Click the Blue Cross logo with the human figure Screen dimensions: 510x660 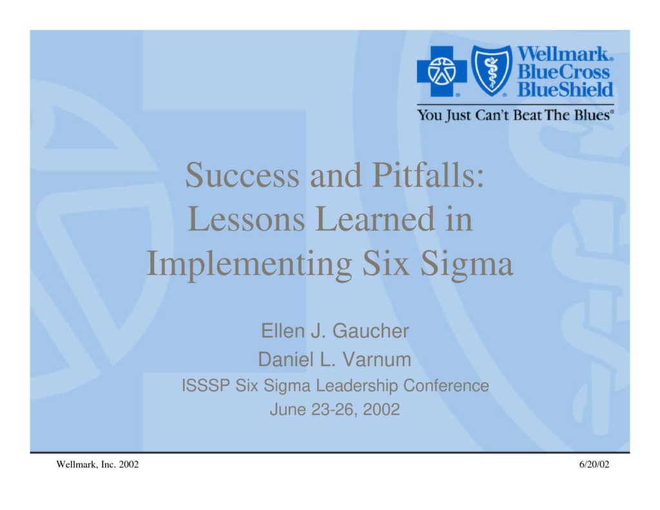[442, 71]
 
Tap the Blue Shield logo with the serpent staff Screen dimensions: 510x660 [492, 70]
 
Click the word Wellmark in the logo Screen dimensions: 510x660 [565, 54]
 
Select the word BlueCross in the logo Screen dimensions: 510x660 [565, 72]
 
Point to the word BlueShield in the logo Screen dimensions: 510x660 [565, 89]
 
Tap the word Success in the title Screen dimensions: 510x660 [242, 175]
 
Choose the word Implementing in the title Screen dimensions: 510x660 [249, 264]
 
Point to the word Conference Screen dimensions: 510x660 [446, 386]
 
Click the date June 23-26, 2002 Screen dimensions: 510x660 [335, 409]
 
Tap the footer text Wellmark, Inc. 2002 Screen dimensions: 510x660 [97, 465]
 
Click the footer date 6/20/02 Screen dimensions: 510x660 [594, 465]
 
